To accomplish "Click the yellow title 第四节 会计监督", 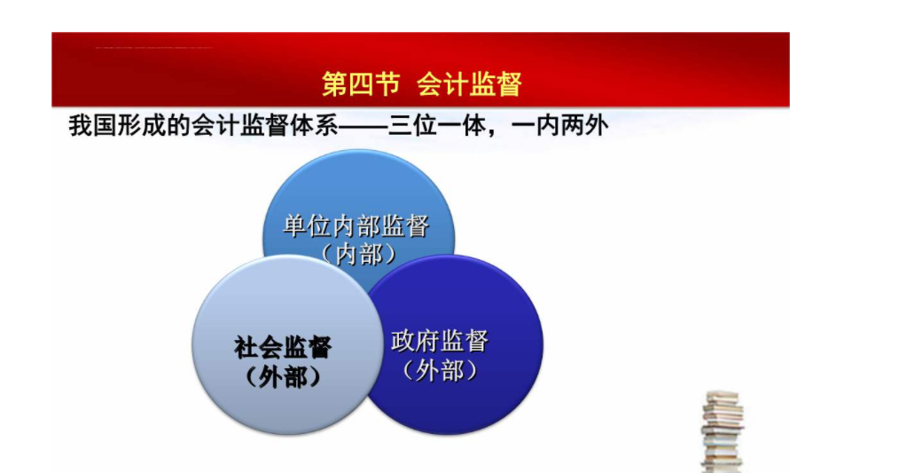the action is pos(422,84).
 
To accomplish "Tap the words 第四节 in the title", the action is pos(361,84).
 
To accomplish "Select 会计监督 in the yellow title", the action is pos(470,84).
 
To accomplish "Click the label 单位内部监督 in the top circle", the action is pos(356,225).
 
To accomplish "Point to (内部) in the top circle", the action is pos(359,254).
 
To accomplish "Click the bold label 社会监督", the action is pos(283,347).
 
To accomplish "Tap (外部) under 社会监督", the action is pos(283,377).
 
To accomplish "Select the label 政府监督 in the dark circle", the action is pos(440,341).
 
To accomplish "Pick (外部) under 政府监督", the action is pos(440,371).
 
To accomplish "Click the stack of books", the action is pos(722,432).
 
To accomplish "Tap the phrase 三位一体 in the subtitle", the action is pos(436,125).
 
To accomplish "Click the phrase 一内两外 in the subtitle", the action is pos(560,125).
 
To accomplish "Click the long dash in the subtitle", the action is pos(363,126).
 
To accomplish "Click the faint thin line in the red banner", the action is pos(154,47).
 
